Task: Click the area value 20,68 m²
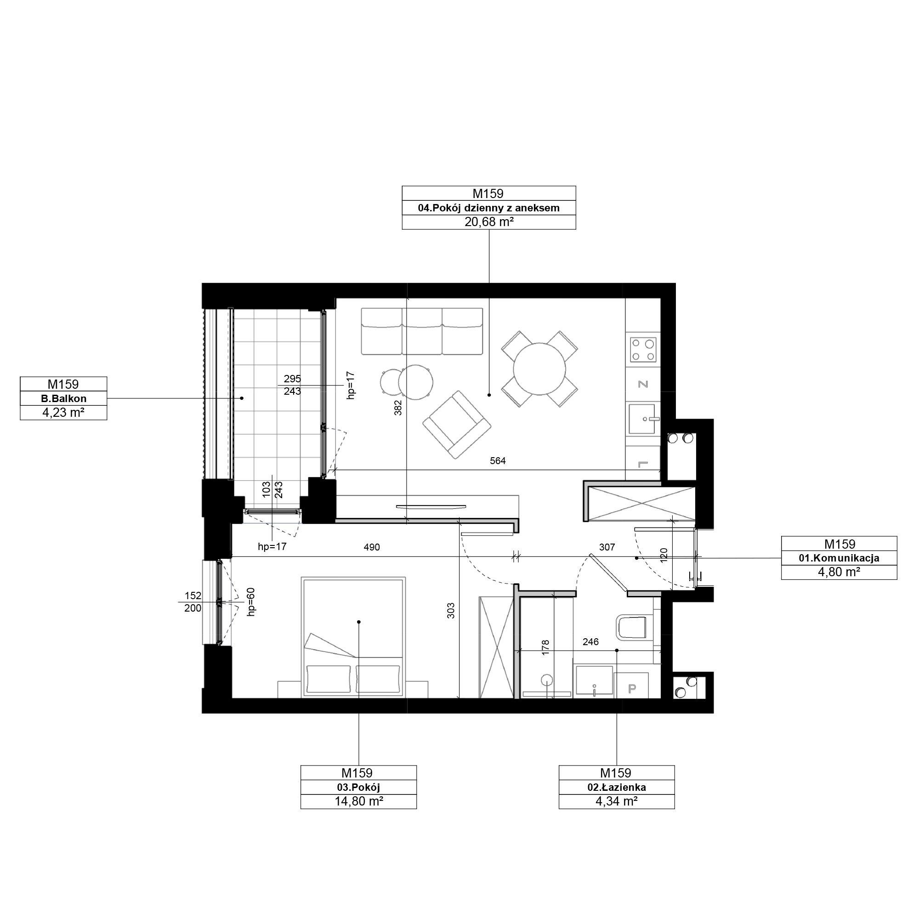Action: click(489, 222)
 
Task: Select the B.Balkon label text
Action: click(64, 398)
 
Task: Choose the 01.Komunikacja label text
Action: click(839, 558)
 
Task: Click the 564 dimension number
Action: click(498, 460)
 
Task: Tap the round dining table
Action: click(539, 369)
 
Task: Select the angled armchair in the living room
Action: click(457, 425)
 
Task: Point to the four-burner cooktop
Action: click(643, 350)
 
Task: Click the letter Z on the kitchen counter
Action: click(643, 384)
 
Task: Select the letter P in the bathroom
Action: click(632, 688)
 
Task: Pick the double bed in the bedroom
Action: click(353, 637)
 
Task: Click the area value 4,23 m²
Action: click(64, 413)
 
